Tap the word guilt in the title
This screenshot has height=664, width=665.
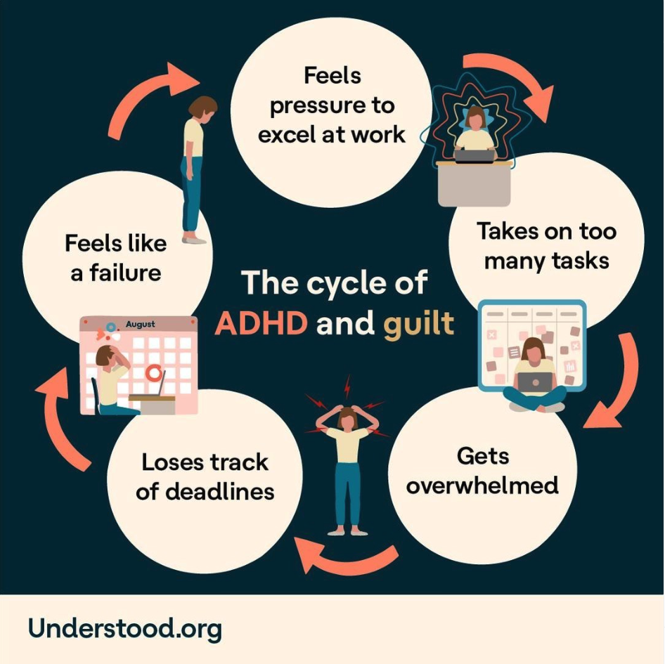pyautogui.click(x=418, y=325)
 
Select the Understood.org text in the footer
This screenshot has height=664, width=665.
pyautogui.click(x=125, y=627)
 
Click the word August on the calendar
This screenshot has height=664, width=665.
pyautogui.click(x=141, y=325)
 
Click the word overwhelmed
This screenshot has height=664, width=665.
pyautogui.click(x=482, y=485)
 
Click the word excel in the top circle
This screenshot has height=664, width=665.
pyautogui.click(x=288, y=134)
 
